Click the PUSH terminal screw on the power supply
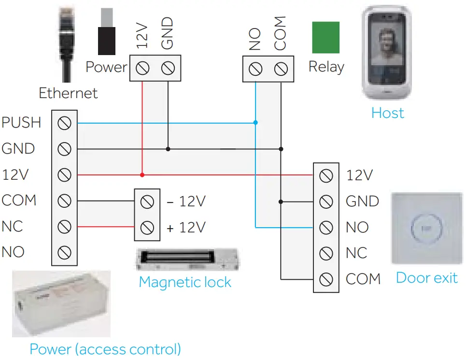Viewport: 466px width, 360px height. point(64,123)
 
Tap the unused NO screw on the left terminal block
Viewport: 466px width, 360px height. point(64,252)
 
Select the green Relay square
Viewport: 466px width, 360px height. point(325,37)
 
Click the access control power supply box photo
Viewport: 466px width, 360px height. point(61,303)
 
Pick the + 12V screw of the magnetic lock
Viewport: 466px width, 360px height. point(147,227)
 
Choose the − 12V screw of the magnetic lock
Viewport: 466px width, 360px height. point(147,201)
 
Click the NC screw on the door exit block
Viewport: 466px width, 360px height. point(326,253)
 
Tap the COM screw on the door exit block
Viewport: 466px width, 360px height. point(326,279)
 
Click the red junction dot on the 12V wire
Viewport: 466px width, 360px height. point(142,174)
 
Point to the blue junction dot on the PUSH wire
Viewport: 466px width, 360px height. point(255,123)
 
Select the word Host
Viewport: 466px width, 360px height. point(387,113)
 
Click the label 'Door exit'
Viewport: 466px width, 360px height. point(426,278)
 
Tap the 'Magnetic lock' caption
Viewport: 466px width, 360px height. point(185,282)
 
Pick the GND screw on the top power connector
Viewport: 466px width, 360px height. point(168,69)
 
